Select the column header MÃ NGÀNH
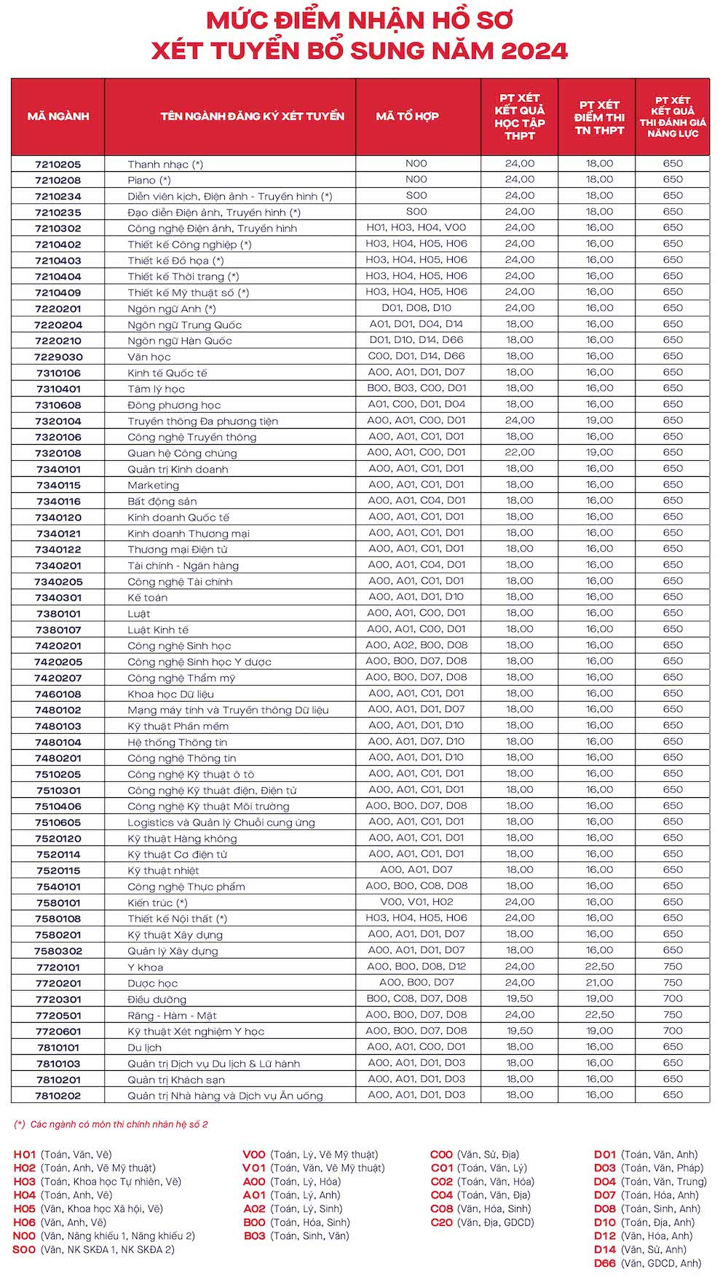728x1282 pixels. [x=58, y=116]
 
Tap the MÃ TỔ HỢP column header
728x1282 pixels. [x=408, y=116]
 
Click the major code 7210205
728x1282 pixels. [x=58, y=165]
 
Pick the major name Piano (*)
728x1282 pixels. [x=149, y=181]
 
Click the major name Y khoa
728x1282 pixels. [x=146, y=968]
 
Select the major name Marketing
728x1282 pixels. [x=153, y=486]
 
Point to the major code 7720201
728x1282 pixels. [x=58, y=984]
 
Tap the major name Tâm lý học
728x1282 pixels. [x=156, y=389]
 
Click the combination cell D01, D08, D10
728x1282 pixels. [x=416, y=308]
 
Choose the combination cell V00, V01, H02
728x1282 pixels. [x=416, y=902]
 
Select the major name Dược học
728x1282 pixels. [x=152, y=984]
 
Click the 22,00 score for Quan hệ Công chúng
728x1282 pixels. [x=520, y=452]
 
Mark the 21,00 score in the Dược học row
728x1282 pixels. [x=600, y=983]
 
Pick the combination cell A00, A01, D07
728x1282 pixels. [x=416, y=870]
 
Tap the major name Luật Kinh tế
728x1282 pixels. [x=158, y=630]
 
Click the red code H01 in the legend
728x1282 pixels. [x=25, y=1155]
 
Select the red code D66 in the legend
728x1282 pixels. [x=605, y=1264]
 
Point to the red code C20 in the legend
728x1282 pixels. [x=441, y=1223]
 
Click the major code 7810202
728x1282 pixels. [x=58, y=1096]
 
